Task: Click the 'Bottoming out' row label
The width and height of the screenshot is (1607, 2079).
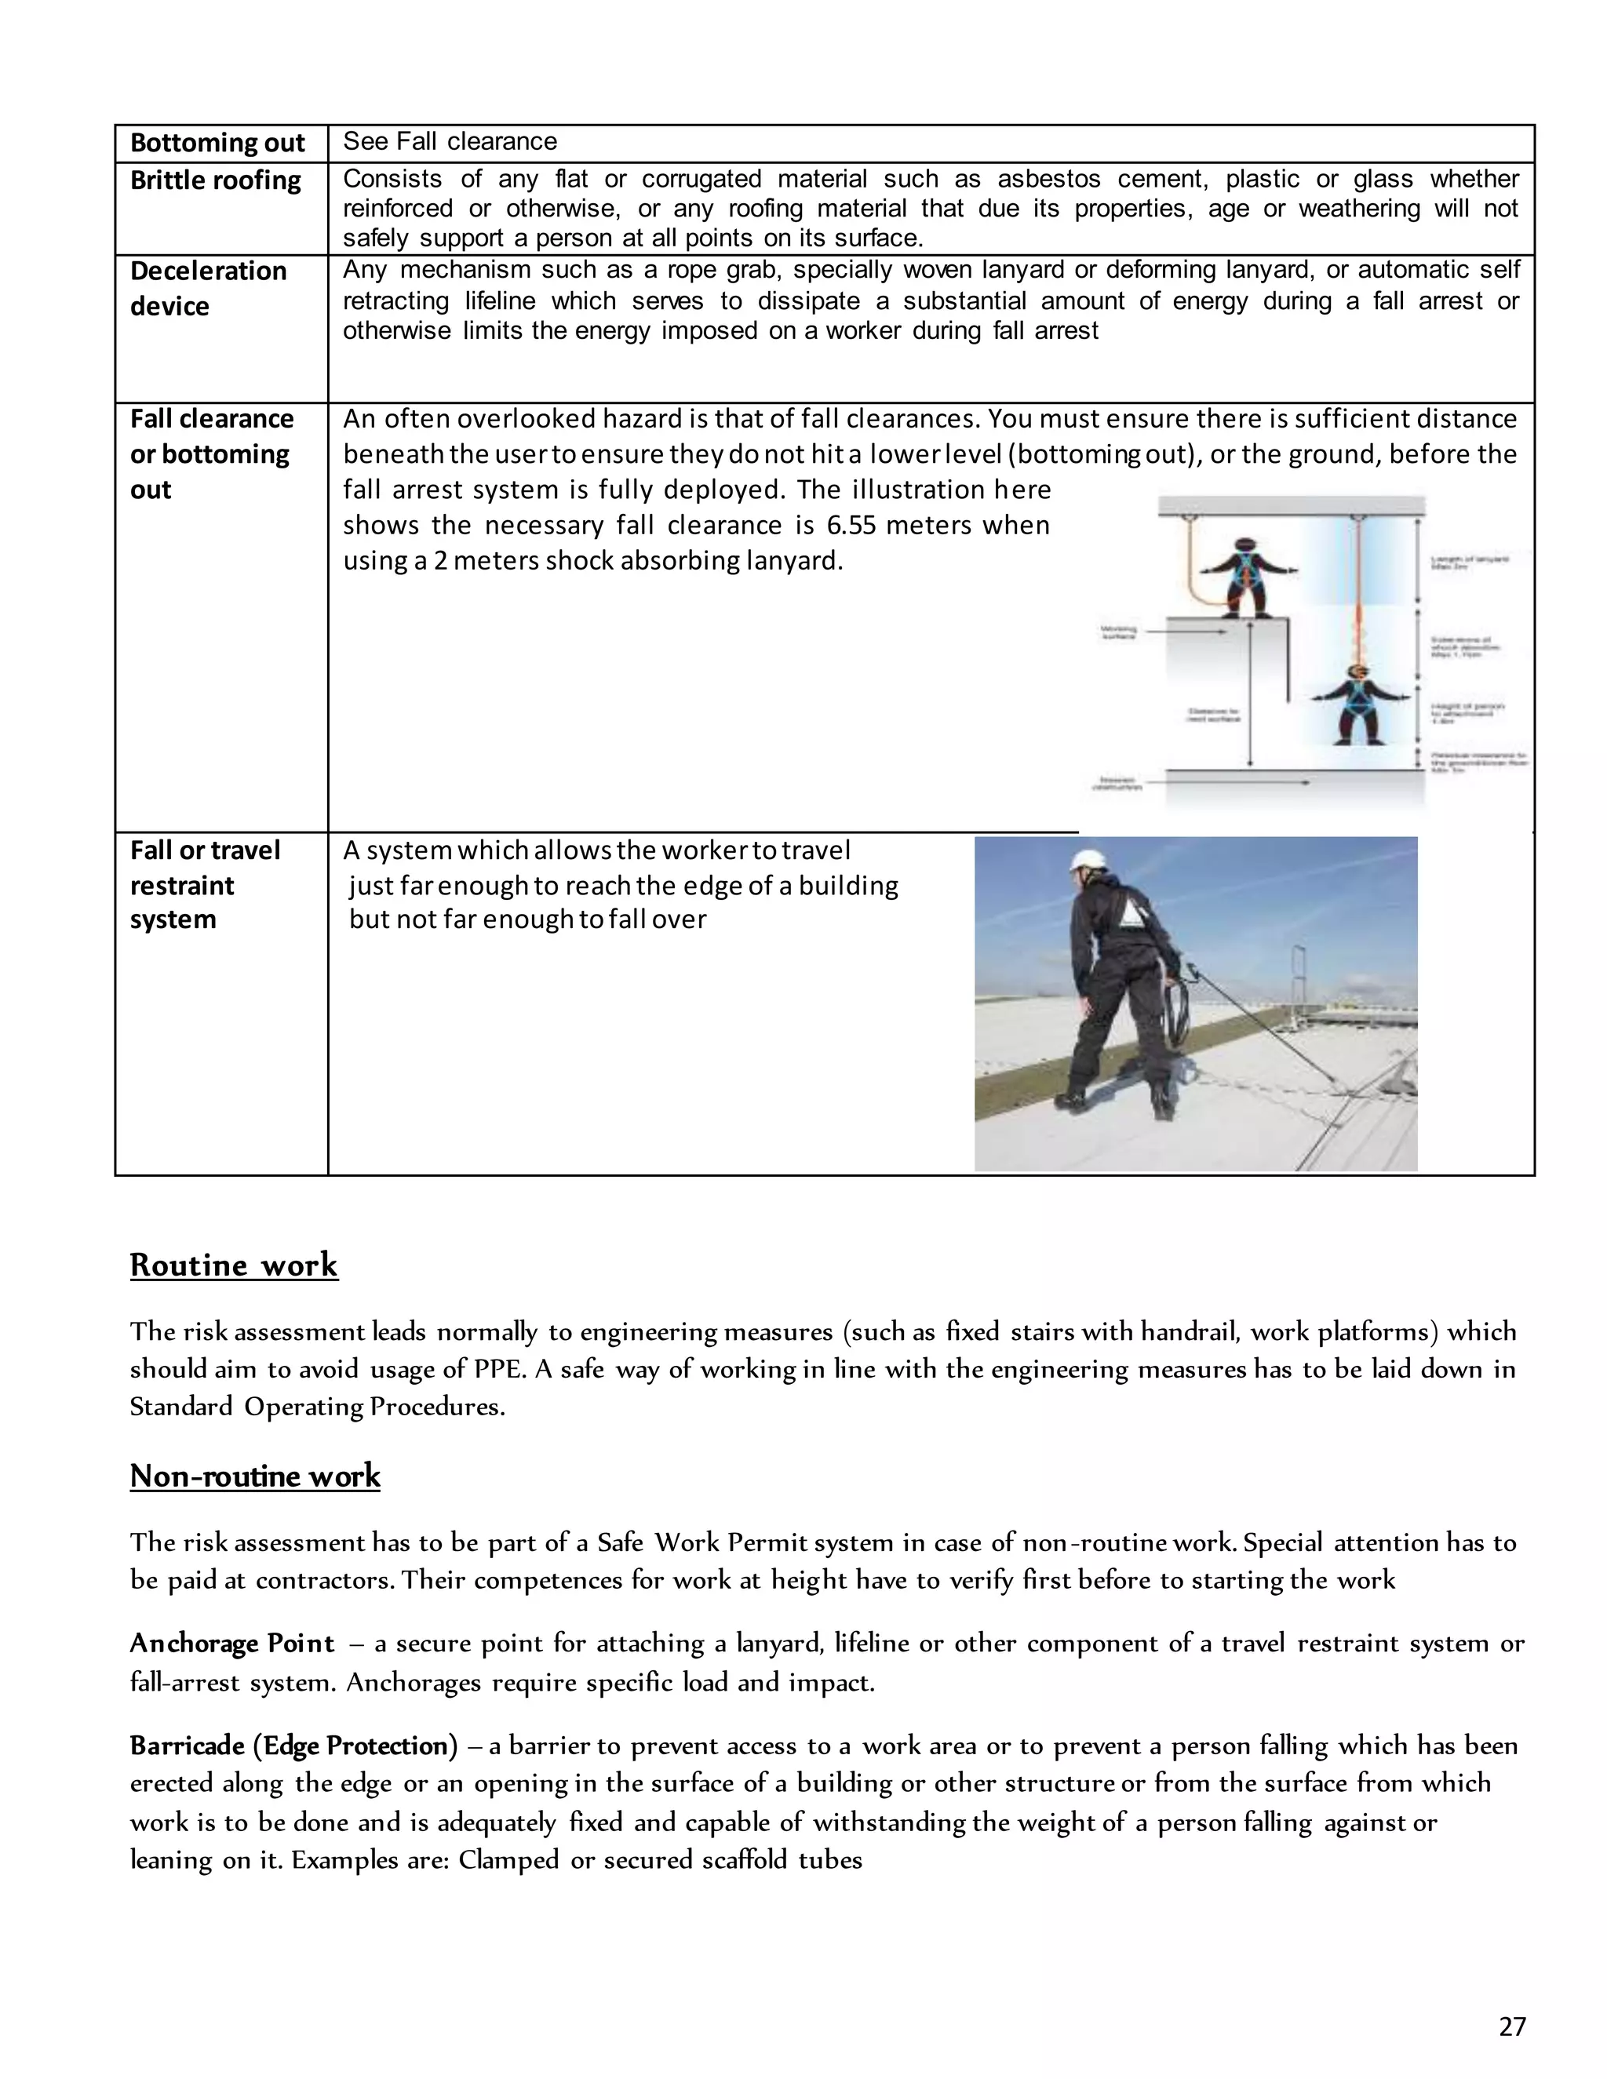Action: (x=217, y=143)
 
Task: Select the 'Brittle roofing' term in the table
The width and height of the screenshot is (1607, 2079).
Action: (x=215, y=180)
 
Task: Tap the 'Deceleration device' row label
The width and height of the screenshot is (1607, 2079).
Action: (x=207, y=289)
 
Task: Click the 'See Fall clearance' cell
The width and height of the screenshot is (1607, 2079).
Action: (x=450, y=142)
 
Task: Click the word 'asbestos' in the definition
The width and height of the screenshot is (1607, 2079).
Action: (x=1048, y=179)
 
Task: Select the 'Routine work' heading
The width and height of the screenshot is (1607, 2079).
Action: (x=234, y=1265)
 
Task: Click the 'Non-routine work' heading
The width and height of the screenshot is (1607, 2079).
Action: (x=255, y=1476)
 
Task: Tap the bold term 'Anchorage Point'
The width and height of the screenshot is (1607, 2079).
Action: (x=232, y=1644)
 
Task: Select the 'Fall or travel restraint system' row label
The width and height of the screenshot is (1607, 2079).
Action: (x=204, y=885)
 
